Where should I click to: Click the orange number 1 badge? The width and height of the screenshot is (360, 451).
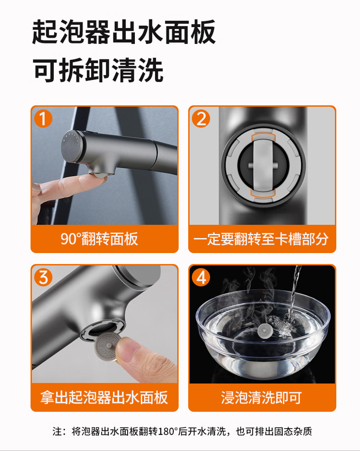tap(43, 119)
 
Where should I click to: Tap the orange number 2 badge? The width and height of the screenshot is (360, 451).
tap(201, 119)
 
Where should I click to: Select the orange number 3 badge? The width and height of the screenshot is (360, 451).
tap(43, 277)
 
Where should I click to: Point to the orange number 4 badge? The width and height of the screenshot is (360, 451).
tap(201, 277)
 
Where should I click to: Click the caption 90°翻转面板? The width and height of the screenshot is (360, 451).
tap(99, 239)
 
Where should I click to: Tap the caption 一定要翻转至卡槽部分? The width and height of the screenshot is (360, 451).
tap(261, 239)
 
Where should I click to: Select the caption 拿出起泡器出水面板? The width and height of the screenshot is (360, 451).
tap(104, 397)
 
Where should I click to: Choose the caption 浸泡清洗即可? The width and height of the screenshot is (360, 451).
tap(261, 397)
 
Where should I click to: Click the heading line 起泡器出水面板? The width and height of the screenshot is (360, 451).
tap(124, 32)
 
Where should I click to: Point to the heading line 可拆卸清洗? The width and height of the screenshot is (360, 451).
tap(98, 70)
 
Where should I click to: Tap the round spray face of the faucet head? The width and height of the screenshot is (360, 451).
tap(71, 146)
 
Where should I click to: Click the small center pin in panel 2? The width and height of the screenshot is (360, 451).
tap(263, 166)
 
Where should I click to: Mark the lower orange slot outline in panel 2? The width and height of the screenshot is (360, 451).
tap(263, 193)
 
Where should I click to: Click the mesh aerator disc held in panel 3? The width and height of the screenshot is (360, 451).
tap(107, 346)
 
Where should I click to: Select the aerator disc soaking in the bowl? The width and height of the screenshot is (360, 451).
tap(264, 331)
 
